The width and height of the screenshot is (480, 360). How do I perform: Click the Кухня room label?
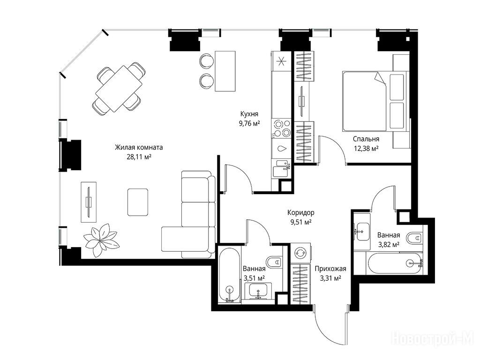(x=249, y=114)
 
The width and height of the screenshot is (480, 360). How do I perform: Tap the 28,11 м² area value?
(x=139, y=157)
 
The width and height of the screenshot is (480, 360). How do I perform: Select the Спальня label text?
(x=366, y=139)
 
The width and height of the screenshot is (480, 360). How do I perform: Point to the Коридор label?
(x=300, y=212)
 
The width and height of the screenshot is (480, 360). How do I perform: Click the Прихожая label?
(x=330, y=269)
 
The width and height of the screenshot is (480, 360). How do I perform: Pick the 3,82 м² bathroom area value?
(x=389, y=245)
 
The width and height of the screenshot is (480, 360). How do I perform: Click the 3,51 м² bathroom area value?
(x=254, y=278)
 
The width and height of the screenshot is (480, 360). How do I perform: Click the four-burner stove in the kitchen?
(x=282, y=128)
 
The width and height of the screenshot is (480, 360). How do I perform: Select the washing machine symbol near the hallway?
(x=300, y=253)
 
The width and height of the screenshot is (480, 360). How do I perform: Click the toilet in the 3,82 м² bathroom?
(x=415, y=238)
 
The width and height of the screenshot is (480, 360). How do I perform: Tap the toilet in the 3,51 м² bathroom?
(x=274, y=262)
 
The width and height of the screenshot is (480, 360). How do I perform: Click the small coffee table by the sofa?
(x=138, y=202)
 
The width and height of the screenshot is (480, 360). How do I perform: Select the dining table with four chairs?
(x=119, y=89)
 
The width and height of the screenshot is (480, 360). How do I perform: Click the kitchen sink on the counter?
(x=282, y=168)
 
